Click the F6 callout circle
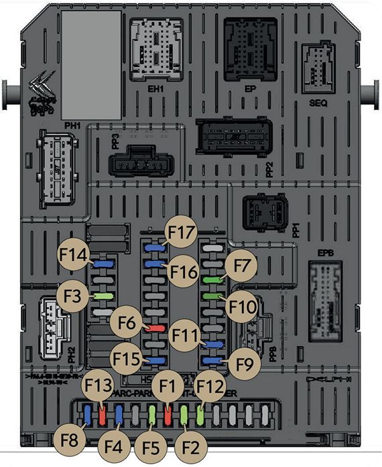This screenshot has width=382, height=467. click(x=127, y=322)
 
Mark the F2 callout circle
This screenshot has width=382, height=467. click(x=190, y=444)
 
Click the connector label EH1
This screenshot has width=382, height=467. click(x=156, y=87)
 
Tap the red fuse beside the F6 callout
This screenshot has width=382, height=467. click(x=155, y=328)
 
